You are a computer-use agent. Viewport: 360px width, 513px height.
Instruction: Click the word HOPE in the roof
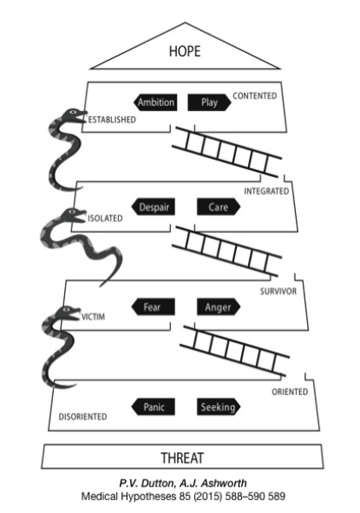click(185, 51)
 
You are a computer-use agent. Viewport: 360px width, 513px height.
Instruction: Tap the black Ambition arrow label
click(155, 102)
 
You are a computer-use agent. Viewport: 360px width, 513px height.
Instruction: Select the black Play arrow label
click(210, 102)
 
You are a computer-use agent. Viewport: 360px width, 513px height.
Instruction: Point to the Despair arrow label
click(153, 207)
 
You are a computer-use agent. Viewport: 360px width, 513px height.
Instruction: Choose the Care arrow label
click(219, 207)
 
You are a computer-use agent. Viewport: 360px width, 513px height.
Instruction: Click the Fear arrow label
click(153, 307)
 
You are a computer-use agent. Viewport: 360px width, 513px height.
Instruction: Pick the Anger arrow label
click(219, 307)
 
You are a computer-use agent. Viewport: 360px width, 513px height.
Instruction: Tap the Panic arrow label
click(153, 407)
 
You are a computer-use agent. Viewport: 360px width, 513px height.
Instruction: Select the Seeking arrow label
click(219, 407)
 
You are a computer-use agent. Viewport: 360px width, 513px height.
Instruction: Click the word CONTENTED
click(255, 96)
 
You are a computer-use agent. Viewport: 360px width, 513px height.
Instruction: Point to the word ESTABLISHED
click(112, 120)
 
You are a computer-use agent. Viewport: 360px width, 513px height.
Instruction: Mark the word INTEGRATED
click(267, 191)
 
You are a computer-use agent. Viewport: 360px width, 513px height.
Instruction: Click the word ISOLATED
click(105, 218)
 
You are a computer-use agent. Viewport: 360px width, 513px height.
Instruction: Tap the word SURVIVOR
click(279, 292)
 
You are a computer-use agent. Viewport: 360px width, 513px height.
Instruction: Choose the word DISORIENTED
click(83, 416)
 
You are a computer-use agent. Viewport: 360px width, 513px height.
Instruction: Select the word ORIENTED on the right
click(290, 392)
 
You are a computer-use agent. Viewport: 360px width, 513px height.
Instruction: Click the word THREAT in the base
click(182, 457)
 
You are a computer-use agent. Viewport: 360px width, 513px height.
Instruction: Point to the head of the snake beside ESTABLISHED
click(74, 115)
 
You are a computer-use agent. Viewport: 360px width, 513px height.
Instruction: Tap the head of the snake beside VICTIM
click(68, 312)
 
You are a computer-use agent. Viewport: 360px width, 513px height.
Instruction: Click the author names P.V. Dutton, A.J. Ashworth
click(183, 483)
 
